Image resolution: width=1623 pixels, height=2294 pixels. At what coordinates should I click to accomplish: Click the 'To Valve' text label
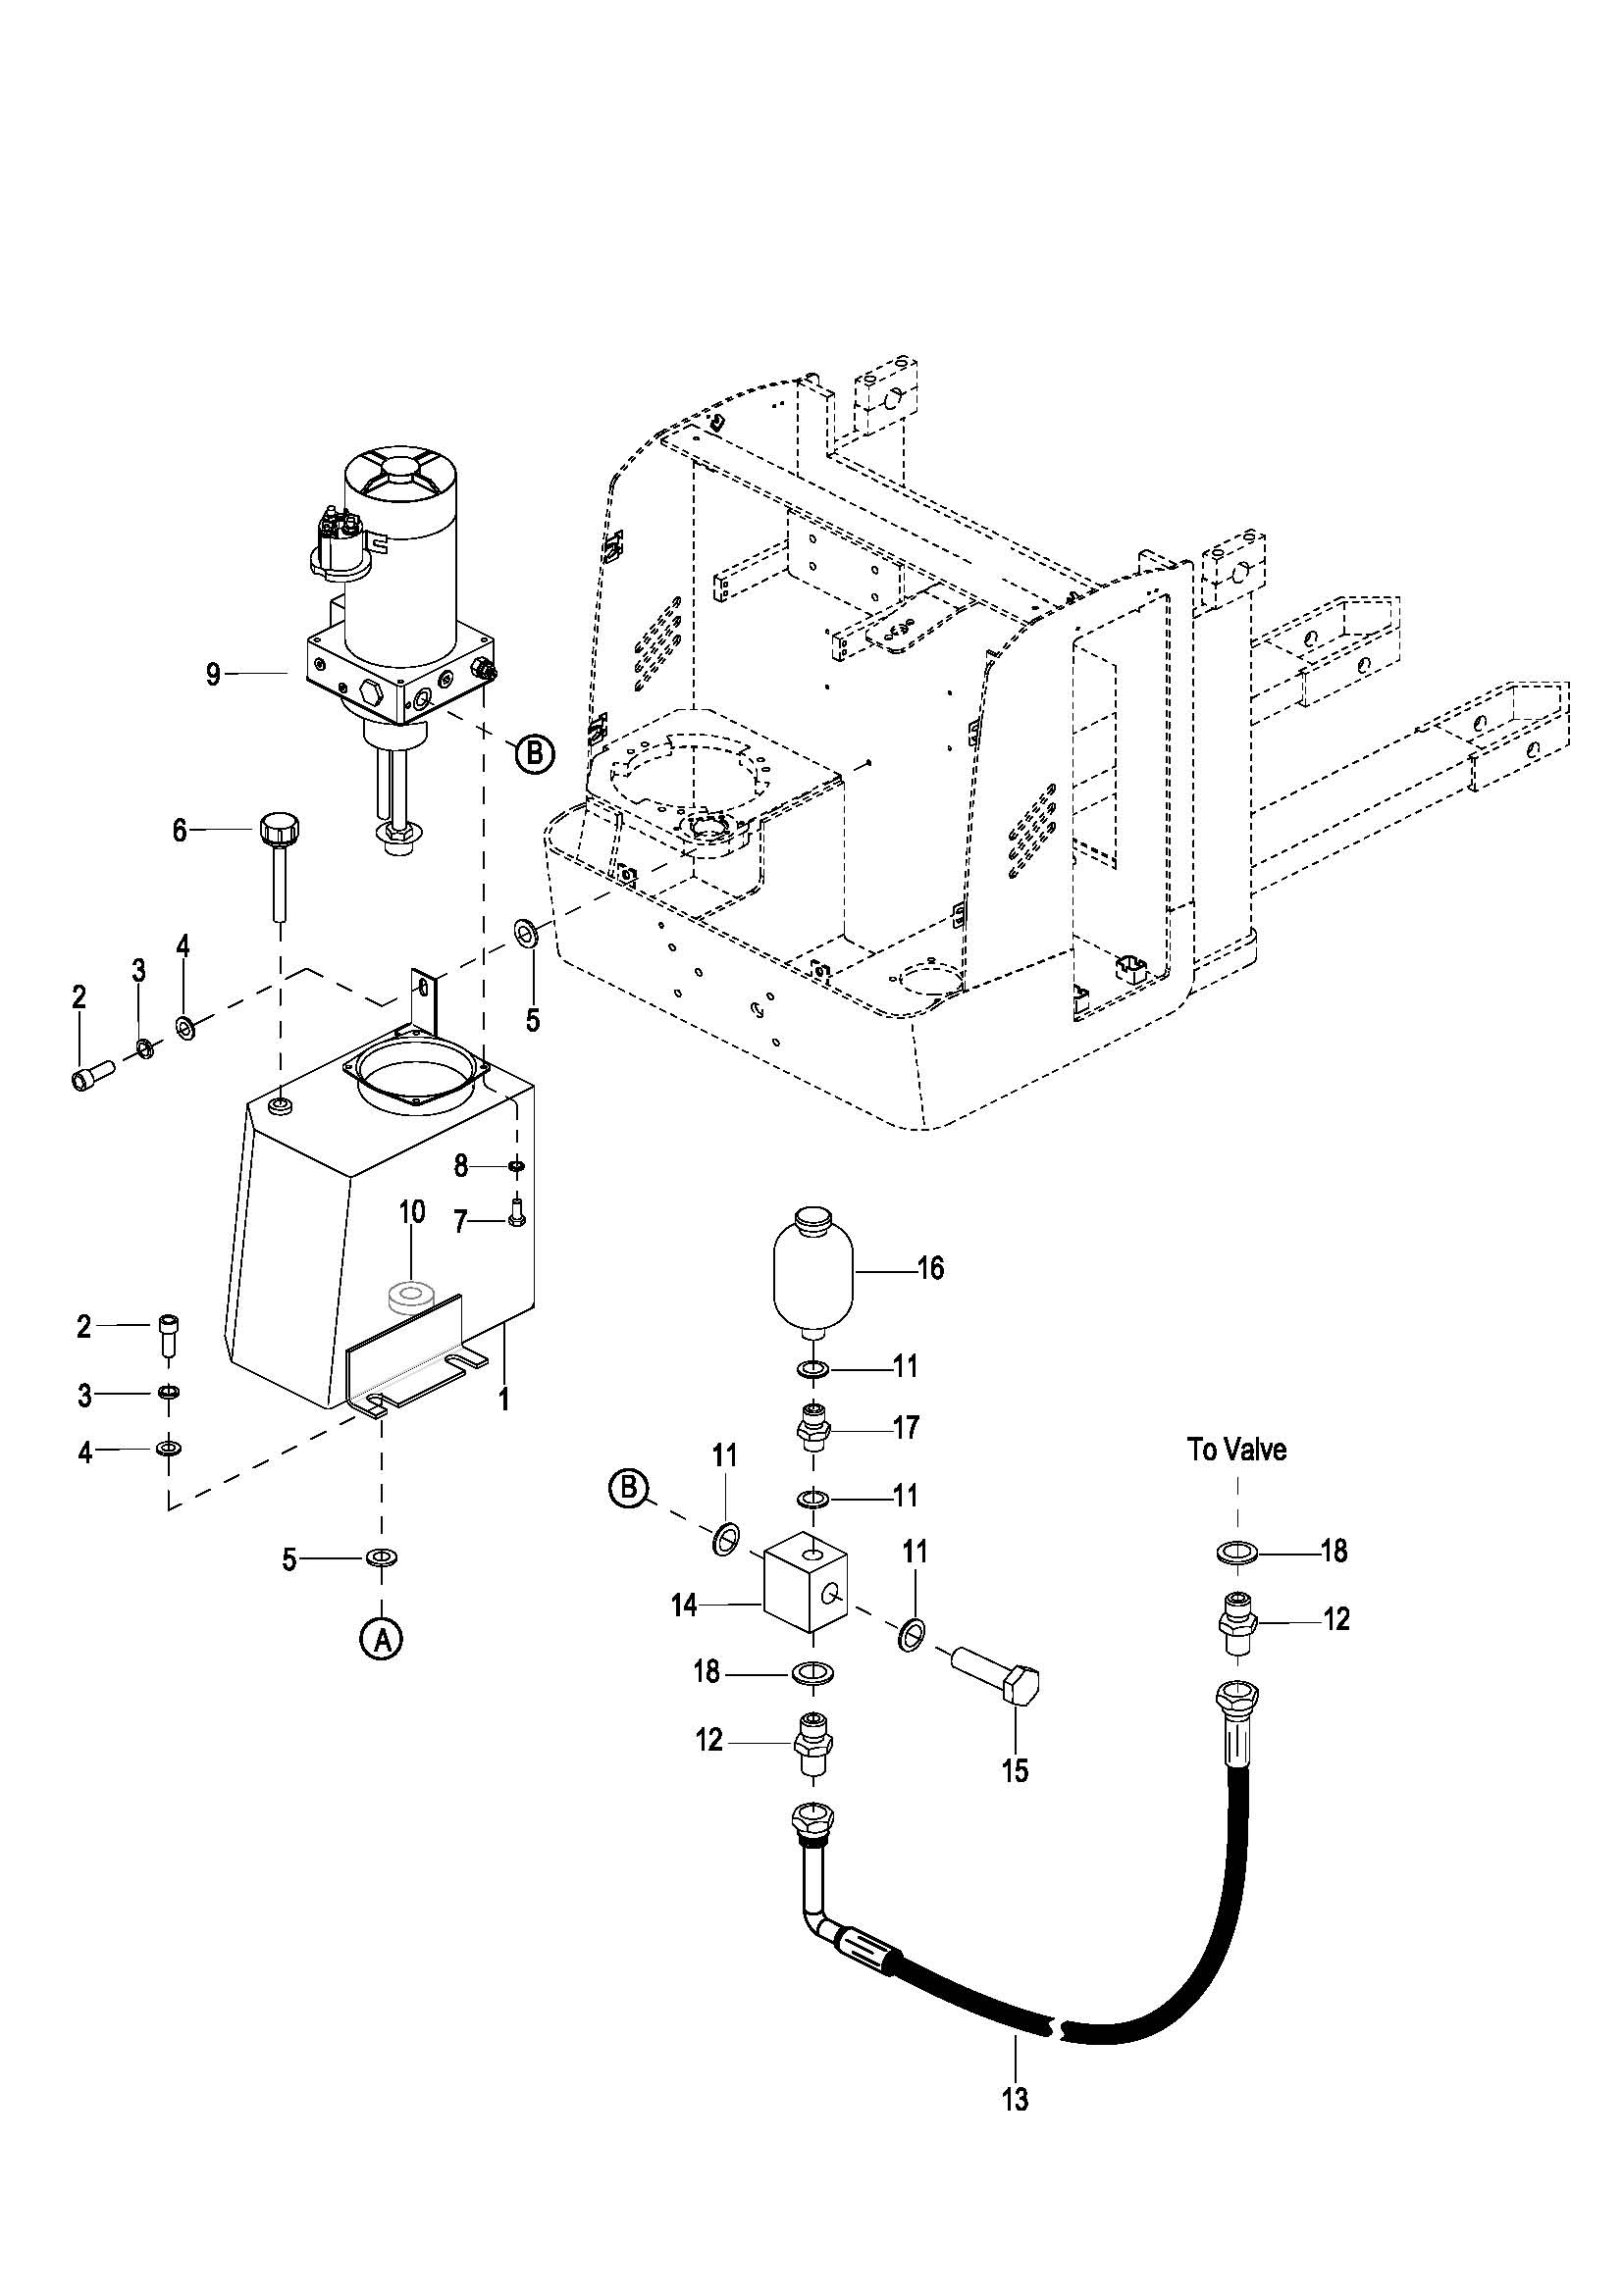point(1236,1449)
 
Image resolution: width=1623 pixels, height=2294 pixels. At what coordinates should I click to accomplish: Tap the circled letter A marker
point(381,1639)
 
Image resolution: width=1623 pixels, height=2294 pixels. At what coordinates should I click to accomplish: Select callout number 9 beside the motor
point(213,675)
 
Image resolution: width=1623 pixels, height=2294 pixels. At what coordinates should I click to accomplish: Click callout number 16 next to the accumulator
point(930,1268)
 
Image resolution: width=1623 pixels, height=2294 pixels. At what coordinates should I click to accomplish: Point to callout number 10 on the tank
point(412,1212)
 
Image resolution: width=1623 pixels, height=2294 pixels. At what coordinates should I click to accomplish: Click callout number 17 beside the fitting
point(906,1427)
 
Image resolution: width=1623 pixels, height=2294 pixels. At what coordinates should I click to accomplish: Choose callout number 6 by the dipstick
point(180,830)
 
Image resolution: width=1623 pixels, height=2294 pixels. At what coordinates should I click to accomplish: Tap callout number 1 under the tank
point(504,1400)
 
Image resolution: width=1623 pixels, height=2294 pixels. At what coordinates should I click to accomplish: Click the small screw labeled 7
point(517,1211)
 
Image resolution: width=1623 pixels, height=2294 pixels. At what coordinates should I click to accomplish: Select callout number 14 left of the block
point(684,1606)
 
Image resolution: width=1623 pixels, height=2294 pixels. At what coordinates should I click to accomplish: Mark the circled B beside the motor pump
point(535,752)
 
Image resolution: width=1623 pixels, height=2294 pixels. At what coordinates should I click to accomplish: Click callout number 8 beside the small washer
point(461,1165)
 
